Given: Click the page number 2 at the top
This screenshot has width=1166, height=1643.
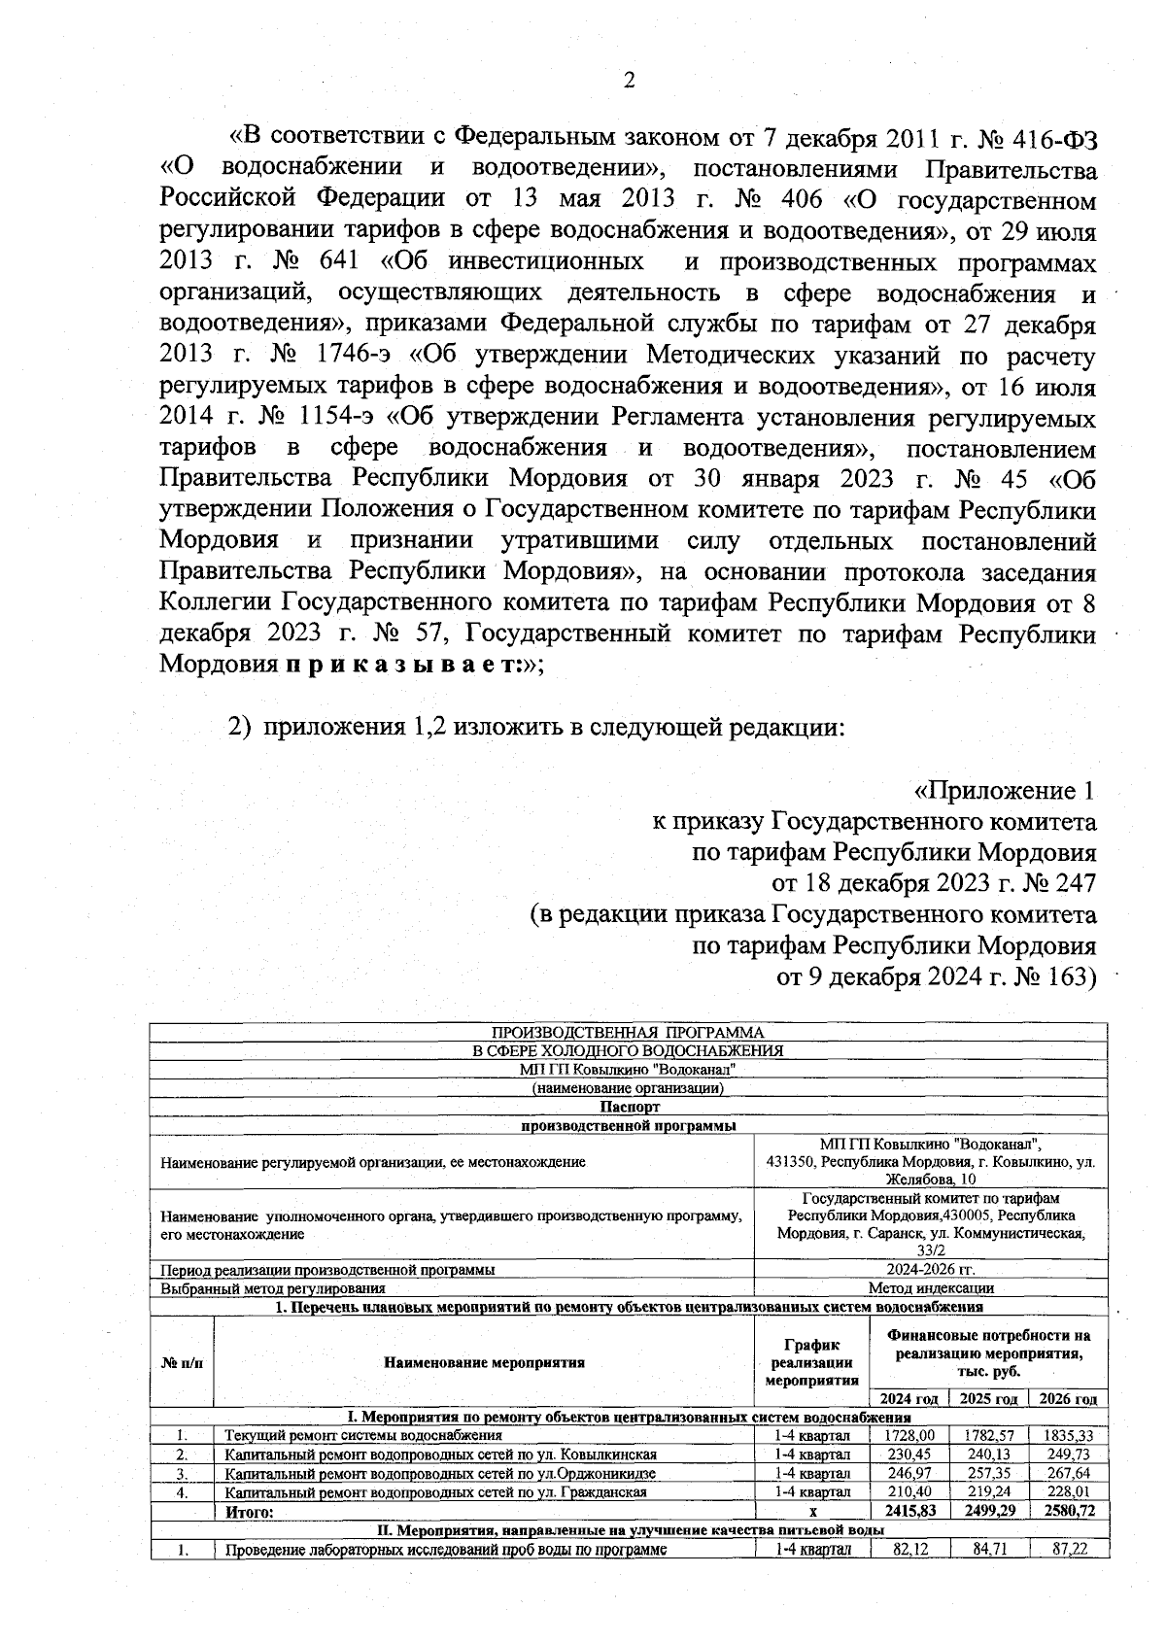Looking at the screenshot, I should [629, 81].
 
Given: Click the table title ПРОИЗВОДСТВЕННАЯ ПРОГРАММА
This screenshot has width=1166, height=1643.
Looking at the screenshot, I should [628, 1033].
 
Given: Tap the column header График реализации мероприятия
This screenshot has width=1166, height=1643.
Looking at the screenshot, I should [811, 1361].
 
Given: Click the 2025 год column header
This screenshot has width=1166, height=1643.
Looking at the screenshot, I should [988, 1399].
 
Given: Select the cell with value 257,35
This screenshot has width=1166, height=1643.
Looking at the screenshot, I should [988, 1473].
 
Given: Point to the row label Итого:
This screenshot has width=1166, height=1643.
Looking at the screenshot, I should [250, 1512].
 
